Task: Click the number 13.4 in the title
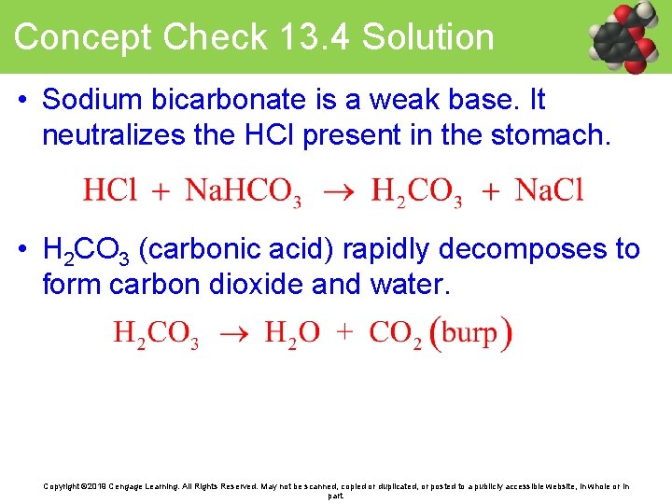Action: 311,37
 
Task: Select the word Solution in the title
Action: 427,37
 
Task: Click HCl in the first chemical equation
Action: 110,190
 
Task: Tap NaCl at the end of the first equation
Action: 549,190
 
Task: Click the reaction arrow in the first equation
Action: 337,191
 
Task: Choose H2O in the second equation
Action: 292,333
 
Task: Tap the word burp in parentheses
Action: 469,333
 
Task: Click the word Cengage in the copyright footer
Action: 130,486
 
